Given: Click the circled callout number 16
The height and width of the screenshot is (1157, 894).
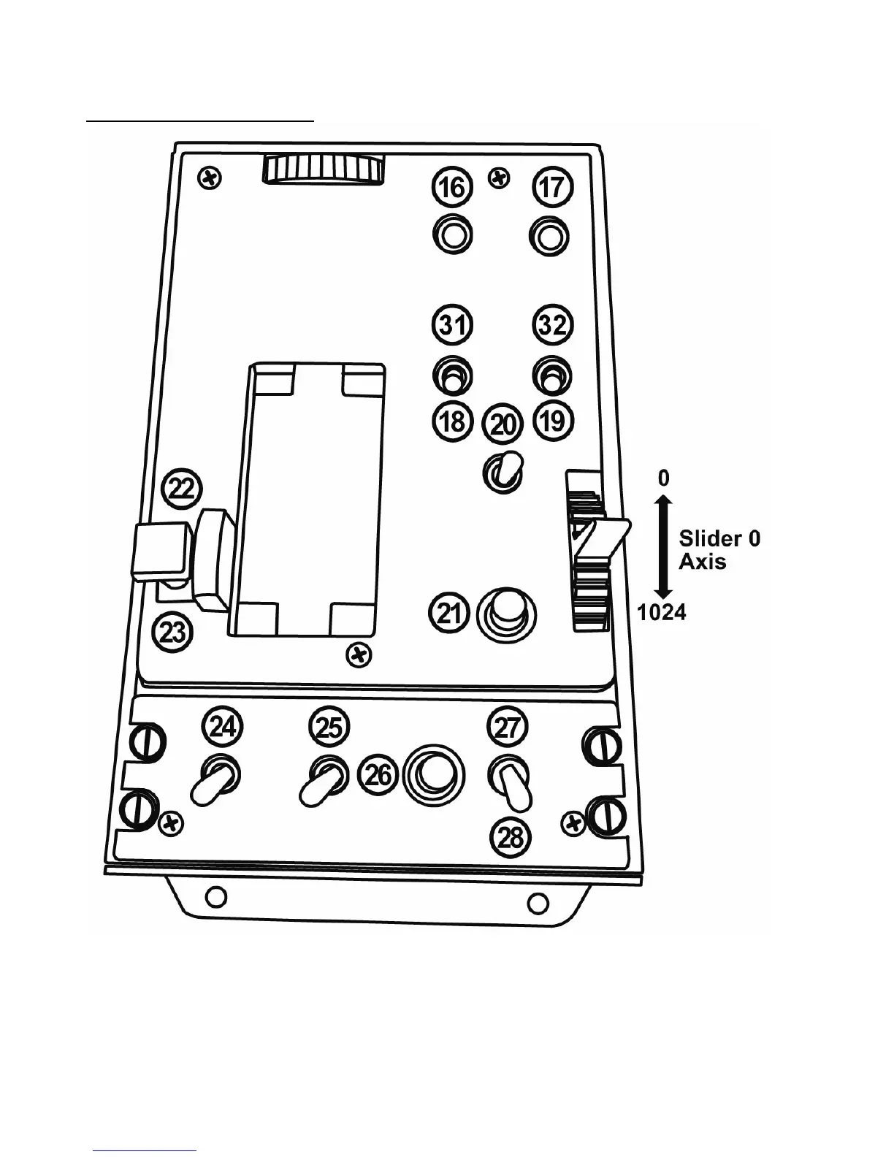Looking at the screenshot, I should coord(453,187).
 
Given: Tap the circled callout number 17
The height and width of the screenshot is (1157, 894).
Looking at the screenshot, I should coord(552,187).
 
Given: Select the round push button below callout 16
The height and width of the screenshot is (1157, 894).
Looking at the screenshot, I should coord(453,235).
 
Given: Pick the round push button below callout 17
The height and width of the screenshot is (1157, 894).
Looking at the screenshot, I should coord(549,237).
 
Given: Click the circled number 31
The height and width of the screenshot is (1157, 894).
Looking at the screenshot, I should coord(453,324).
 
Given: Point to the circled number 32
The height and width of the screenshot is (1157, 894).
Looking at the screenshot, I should coord(553,324).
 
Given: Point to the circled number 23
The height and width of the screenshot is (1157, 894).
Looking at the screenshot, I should coord(172,632).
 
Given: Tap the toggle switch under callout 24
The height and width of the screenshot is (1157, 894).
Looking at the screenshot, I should coord(215,779).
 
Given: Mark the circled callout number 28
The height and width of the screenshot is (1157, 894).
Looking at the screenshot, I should coord(511,837).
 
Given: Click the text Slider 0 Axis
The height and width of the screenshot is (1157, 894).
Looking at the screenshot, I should coord(719,549).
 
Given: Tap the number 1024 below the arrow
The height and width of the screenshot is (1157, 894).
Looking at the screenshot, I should coord(662,612).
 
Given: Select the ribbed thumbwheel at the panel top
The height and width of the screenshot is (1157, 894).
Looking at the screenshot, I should coord(323,169).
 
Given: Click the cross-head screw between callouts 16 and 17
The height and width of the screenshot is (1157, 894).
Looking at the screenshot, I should coord(500,175).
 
